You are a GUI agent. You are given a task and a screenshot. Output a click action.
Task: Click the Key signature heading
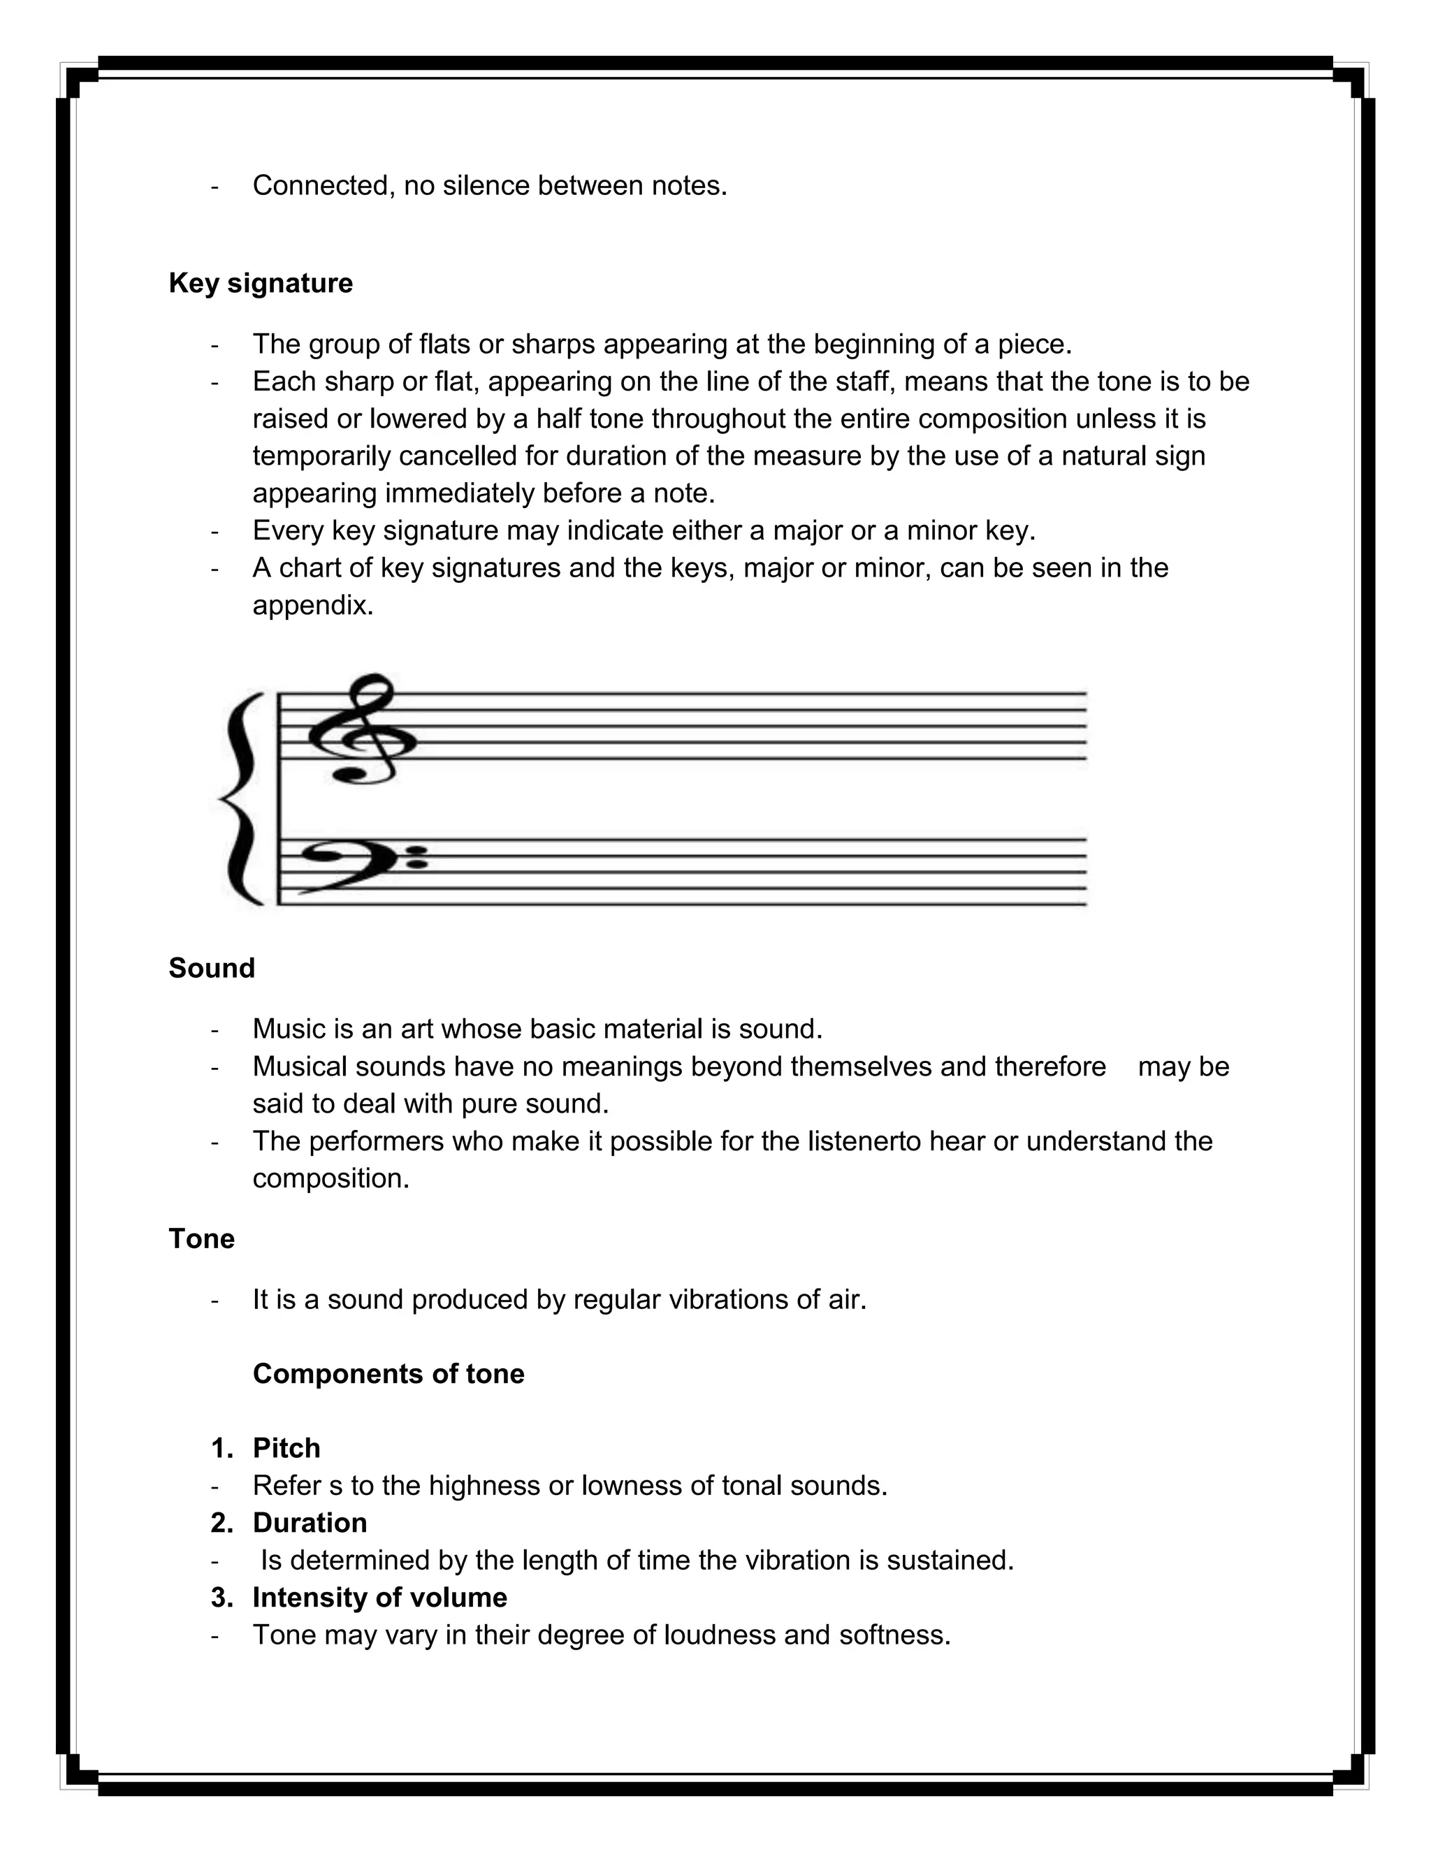(260, 283)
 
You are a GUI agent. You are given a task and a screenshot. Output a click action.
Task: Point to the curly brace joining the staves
(242, 798)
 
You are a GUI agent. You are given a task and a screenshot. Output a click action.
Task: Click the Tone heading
(201, 1239)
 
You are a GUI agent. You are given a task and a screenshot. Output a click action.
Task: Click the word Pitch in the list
(286, 1448)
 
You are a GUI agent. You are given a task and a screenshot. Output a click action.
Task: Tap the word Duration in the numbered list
(310, 1523)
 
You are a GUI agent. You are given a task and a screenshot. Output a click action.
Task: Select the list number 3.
(220, 1598)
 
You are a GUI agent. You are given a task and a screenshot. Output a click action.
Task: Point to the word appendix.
(312, 605)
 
